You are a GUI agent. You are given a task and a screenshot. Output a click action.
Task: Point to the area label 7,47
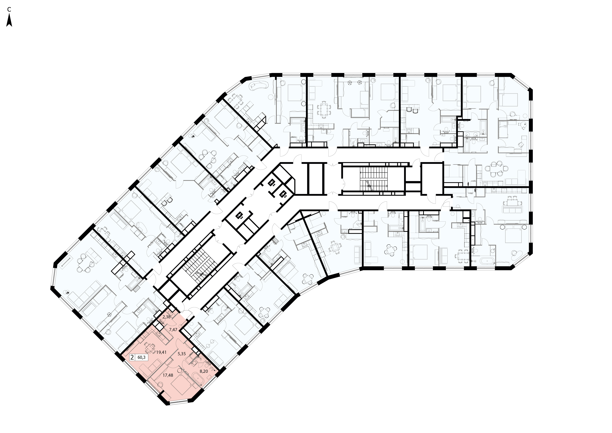[x=173, y=330]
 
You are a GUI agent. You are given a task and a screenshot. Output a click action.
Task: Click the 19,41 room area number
[x=161, y=352]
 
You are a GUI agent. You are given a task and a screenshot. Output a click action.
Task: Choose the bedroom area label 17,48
[x=168, y=375]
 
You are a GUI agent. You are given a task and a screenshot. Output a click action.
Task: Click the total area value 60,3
[x=141, y=357]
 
